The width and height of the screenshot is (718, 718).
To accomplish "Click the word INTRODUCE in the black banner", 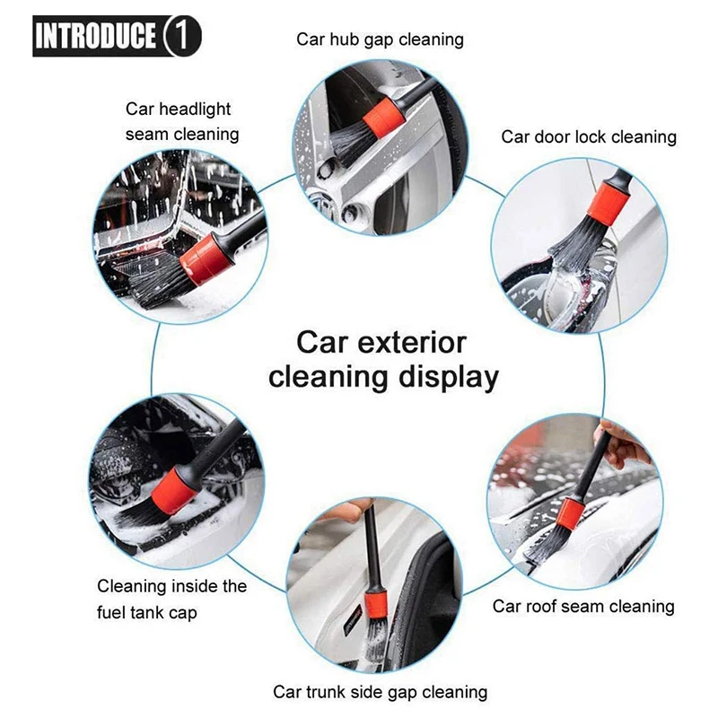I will tap(96, 37).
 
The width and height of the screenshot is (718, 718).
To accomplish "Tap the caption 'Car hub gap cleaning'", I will tap(380, 39).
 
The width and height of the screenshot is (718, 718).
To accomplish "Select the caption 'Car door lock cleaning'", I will tap(588, 137).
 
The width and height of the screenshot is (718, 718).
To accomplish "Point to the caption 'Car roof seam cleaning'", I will tap(582, 607).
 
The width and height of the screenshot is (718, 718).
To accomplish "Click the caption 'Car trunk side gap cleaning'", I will tap(380, 692).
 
